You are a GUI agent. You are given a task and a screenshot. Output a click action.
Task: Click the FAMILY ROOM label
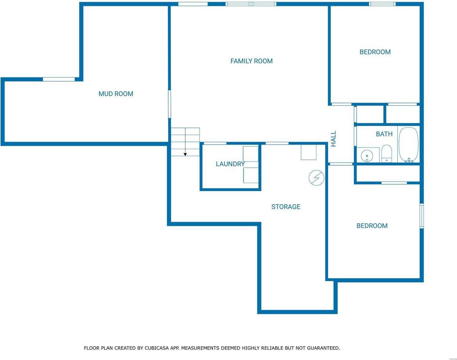(251, 61)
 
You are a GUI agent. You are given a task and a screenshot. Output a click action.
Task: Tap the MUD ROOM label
(116, 94)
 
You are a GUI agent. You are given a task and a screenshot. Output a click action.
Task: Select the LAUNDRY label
(230, 164)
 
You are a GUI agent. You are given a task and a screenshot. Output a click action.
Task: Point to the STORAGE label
(286, 207)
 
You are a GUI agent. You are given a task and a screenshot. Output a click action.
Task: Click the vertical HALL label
(334, 139)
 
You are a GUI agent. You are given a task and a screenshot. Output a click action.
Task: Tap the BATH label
(384, 134)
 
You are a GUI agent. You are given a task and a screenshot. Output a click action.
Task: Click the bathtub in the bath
(409, 145)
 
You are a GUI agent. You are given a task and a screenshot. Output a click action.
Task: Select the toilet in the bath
(386, 153)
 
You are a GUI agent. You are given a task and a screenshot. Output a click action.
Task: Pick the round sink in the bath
(367, 155)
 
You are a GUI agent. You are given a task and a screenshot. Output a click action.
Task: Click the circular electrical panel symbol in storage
(316, 178)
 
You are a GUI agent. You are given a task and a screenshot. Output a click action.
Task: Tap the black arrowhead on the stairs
(185, 154)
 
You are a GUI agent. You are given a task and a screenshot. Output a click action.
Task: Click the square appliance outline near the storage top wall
(308, 152)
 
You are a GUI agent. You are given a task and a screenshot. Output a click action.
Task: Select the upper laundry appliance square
(250, 154)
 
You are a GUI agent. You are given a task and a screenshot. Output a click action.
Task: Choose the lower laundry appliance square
(250, 175)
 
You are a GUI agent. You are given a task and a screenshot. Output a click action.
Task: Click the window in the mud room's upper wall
(59, 79)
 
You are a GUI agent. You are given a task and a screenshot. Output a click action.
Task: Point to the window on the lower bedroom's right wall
(422, 216)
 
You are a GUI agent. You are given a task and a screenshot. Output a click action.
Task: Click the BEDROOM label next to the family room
(375, 52)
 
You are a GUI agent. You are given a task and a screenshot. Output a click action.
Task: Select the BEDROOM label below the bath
(372, 226)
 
